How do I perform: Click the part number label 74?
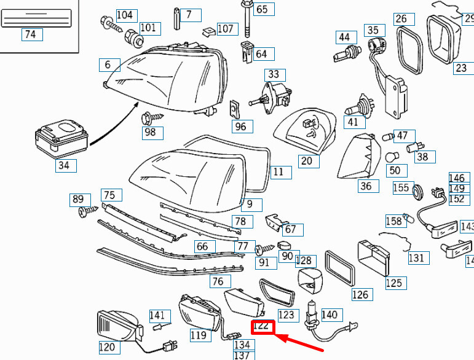point(30,35)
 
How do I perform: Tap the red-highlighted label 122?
point(263,326)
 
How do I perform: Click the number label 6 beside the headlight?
point(108,65)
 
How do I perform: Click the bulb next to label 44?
point(347,55)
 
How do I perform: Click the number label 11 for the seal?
point(278,172)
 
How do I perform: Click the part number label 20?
point(307,162)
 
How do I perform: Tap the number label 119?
point(198,335)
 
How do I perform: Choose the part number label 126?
point(360,295)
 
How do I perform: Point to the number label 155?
point(401,188)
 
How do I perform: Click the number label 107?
point(226,28)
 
